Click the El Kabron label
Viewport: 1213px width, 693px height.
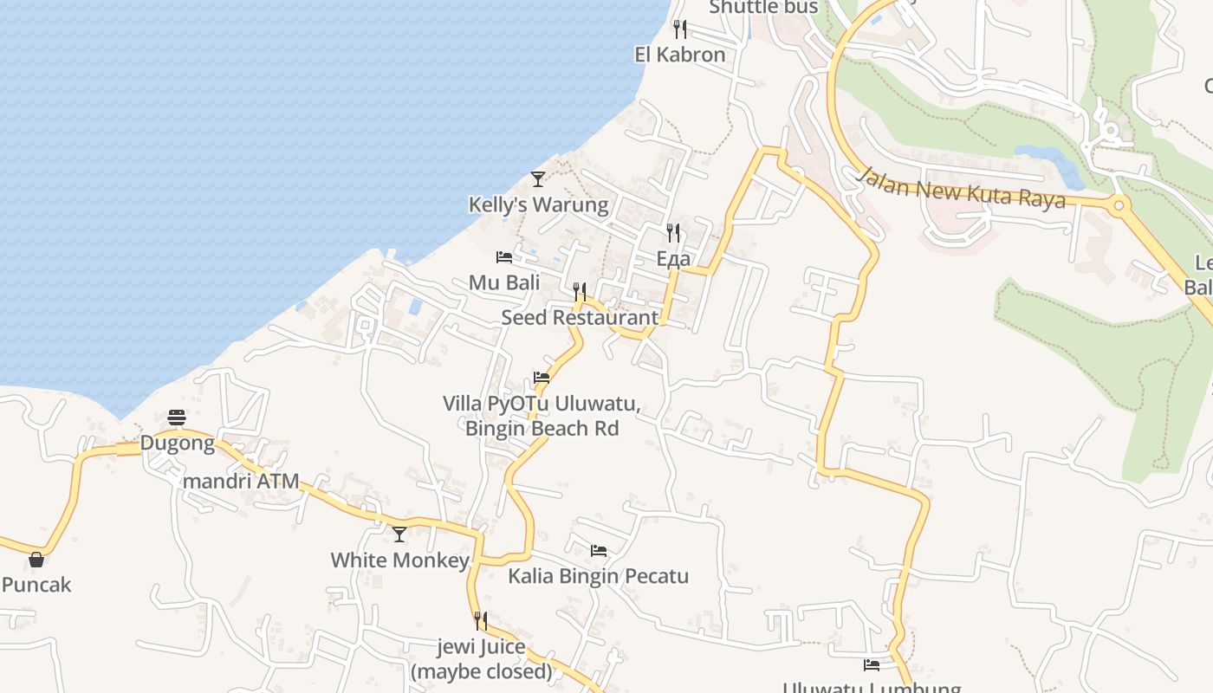pos(679,55)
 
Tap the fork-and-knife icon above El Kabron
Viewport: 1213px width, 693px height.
pos(680,29)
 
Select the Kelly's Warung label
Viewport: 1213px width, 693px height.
pos(538,205)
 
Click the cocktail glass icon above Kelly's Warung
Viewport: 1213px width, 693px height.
pos(538,179)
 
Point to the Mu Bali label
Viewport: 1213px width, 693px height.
pos(504,282)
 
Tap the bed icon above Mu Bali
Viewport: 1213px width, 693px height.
pos(504,257)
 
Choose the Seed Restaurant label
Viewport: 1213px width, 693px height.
pos(580,317)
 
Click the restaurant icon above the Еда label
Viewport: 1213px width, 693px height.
pos(673,232)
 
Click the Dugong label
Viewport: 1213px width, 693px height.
pos(177,444)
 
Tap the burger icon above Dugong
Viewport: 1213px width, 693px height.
pos(178,418)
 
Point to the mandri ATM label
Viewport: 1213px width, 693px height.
pos(241,481)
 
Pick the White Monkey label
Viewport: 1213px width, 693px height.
pos(399,560)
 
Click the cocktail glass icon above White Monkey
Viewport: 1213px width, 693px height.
pos(399,534)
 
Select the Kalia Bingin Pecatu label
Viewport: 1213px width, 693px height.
pos(598,576)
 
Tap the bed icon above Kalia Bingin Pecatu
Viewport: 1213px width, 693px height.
pos(598,551)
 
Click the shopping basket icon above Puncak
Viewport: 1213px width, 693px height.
pos(36,560)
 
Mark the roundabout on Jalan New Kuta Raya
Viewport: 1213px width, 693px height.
pos(1119,206)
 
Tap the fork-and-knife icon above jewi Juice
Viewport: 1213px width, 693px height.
pos(481,621)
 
